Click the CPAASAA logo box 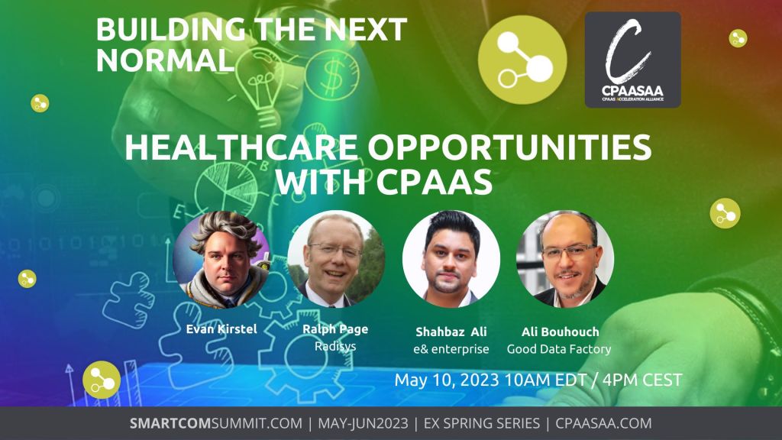coord(633,60)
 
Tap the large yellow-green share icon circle coord(522,60)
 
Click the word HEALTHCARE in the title coord(241,147)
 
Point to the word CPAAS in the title coord(434,182)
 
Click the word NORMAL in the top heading coord(165,60)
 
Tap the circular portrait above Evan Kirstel coord(221,260)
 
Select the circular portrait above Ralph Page coord(336,260)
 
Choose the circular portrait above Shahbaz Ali coord(451,260)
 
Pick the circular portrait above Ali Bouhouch coord(565,260)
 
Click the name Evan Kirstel coord(221,329)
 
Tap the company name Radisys coord(335,346)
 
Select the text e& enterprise coord(451,349)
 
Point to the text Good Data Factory coord(559,349)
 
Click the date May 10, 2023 coord(446,380)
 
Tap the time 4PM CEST coord(641,380)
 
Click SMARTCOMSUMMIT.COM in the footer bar coord(216,423)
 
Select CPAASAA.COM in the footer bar coord(603,423)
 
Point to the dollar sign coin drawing coord(331,76)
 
